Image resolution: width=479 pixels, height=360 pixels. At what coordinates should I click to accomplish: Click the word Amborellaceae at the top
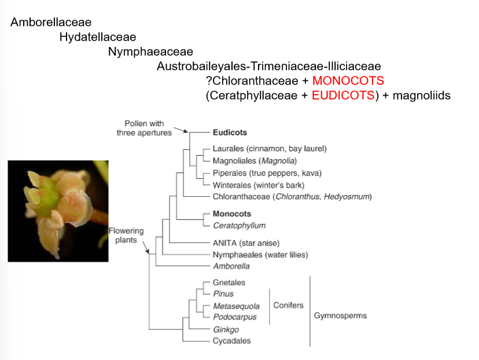click(51, 23)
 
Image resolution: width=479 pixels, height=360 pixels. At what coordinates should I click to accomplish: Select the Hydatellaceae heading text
click(98, 37)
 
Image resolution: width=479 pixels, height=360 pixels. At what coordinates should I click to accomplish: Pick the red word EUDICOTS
click(343, 95)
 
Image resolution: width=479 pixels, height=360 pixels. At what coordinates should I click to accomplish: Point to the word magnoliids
click(421, 95)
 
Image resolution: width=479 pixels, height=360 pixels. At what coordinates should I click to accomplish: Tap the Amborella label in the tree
click(231, 266)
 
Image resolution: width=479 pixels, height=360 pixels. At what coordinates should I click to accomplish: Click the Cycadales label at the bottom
click(232, 341)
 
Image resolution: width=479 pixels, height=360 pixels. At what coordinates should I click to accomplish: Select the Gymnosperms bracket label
click(340, 316)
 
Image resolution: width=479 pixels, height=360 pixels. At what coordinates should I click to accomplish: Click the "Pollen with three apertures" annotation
click(144, 128)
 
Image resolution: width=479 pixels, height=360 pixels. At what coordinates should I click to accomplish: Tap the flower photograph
click(58, 211)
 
